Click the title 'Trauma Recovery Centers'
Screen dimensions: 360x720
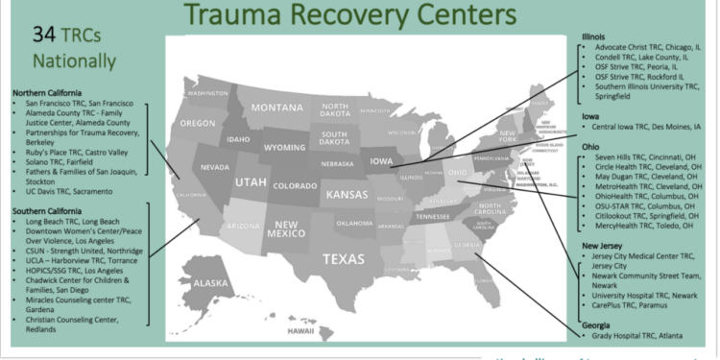click(x=358, y=15)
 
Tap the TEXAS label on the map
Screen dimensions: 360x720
click(x=343, y=258)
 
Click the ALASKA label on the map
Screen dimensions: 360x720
click(x=211, y=283)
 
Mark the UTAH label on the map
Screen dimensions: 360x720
click(x=251, y=181)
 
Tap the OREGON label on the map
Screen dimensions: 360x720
click(x=197, y=124)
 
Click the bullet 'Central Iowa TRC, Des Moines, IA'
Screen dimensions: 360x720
click(x=646, y=126)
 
